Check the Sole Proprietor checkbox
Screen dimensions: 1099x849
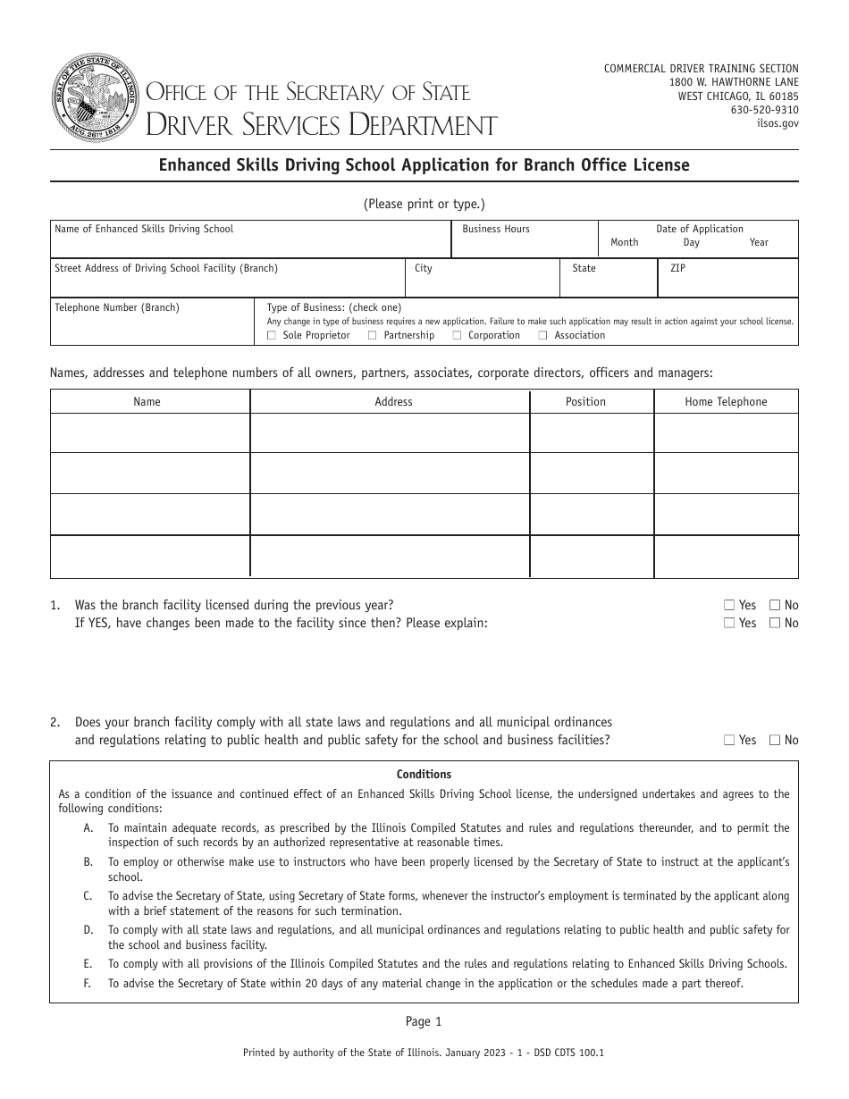(x=272, y=336)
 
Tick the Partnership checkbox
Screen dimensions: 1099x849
(x=371, y=336)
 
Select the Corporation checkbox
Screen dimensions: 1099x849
(x=457, y=336)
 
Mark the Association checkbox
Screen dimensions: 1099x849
(x=542, y=336)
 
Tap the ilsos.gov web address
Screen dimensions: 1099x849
(x=778, y=124)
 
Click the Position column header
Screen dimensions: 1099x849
(x=585, y=402)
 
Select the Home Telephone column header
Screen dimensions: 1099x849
(x=726, y=402)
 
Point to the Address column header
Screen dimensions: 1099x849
(x=393, y=402)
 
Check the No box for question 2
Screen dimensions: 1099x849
(x=775, y=740)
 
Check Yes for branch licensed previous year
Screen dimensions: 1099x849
(x=730, y=606)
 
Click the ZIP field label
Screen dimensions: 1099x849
(x=677, y=268)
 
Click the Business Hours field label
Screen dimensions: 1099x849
(x=495, y=229)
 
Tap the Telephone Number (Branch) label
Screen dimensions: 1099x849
(x=117, y=307)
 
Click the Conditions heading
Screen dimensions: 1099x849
(x=424, y=775)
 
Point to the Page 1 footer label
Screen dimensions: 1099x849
(x=424, y=1021)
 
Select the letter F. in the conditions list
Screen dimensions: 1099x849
(x=88, y=983)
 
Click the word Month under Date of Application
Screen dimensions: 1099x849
(x=624, y=242)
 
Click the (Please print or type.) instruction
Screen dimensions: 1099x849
(x=424, y=204)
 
